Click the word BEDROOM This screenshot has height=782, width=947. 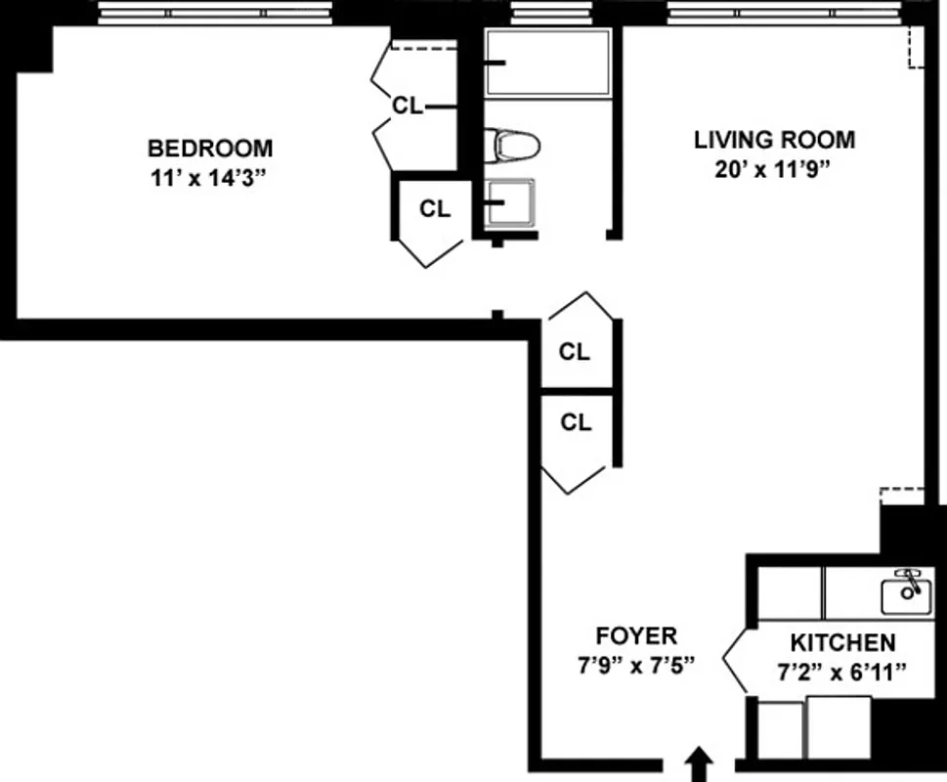tap(210, 149)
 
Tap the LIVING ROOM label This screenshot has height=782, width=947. tap(774, 140)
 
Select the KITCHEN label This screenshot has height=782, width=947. tap(842, 642)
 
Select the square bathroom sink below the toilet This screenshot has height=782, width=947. tap(511, 203)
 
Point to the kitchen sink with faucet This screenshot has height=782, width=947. tap(906, 589)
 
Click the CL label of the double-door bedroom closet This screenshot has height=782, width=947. tap(408, 106)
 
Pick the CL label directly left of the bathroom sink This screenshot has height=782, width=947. tap(435, 208)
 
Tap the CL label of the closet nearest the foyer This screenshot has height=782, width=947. tap(576, 422)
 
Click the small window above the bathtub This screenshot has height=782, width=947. tap(542, 13)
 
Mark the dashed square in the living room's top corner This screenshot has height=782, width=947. tap(916, 46)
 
